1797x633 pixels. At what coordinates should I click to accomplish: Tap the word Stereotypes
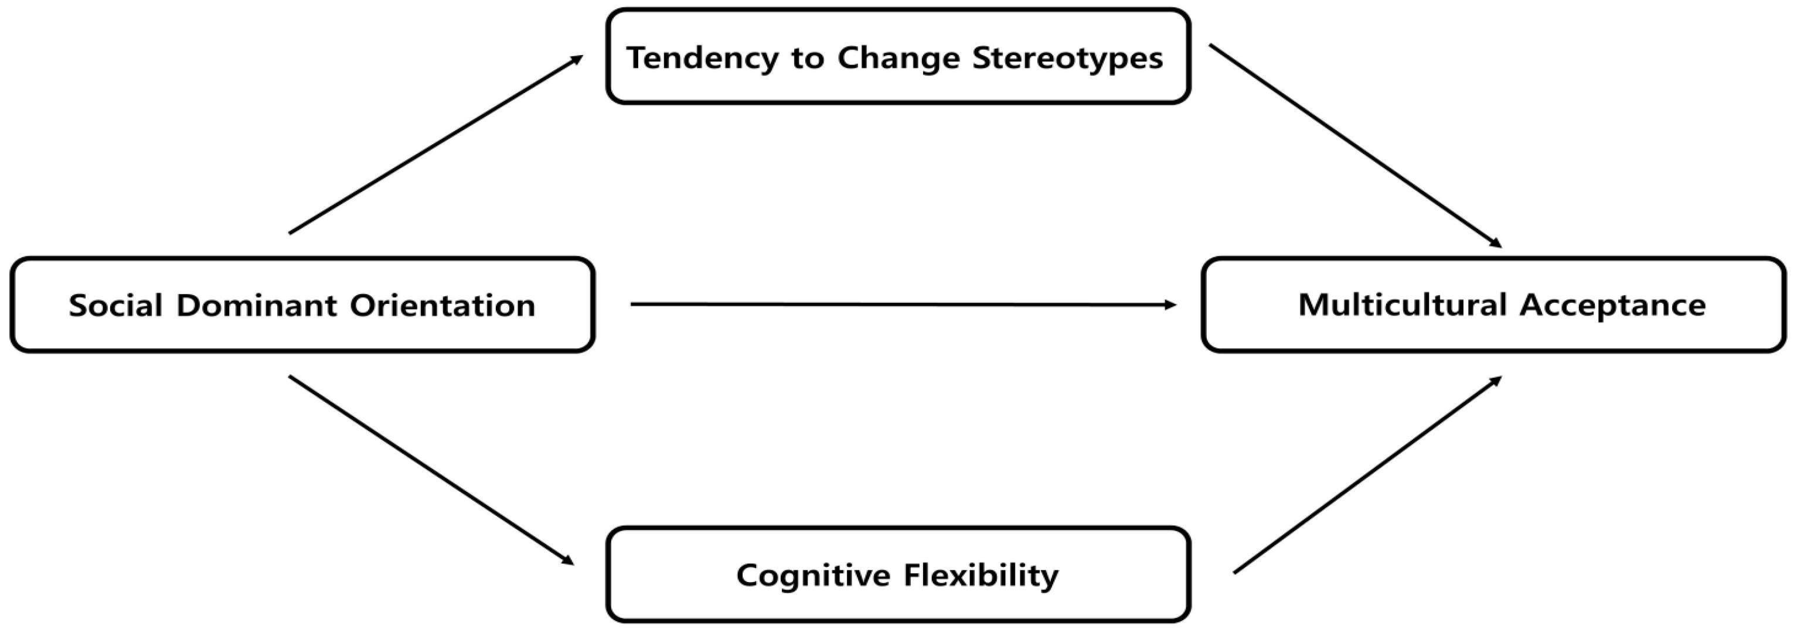tap(1067, 58)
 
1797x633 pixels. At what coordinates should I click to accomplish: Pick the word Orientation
tap(443, 305)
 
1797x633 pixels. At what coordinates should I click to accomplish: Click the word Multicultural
tap(1402, 305)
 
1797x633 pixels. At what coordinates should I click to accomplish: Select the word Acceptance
tap(1613, 305)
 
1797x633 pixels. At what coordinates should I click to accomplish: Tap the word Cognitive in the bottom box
tap(814, 575)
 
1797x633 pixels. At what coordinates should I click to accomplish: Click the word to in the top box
tap(806, 58)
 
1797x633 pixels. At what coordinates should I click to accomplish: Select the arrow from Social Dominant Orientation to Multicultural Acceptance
tap(900, 304)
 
